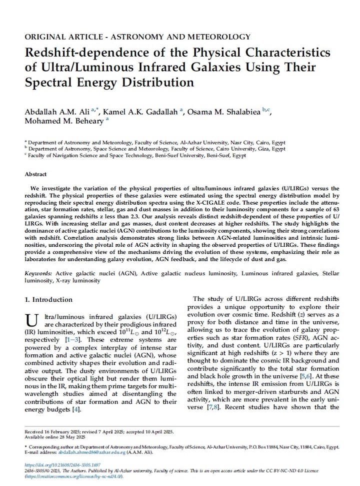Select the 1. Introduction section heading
(x=48, y=299)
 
